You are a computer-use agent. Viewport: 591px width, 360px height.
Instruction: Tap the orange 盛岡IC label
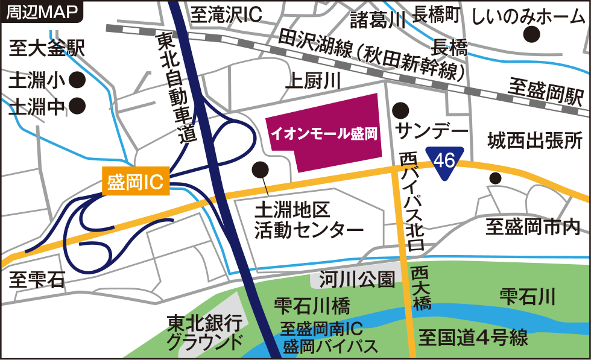pyautogui.click(x=136, y=182)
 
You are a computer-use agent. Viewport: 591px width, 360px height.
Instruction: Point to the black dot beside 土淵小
pyautogui.click(x=77, y=79)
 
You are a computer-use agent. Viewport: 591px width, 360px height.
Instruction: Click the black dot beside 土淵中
pyautogui.click(x=77, y=107)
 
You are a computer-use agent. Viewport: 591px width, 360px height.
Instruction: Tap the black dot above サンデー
pyautogui.click(x=399, y=110)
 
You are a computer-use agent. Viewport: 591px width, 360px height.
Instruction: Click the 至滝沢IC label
pyautogui.click(x=226, y=14)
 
